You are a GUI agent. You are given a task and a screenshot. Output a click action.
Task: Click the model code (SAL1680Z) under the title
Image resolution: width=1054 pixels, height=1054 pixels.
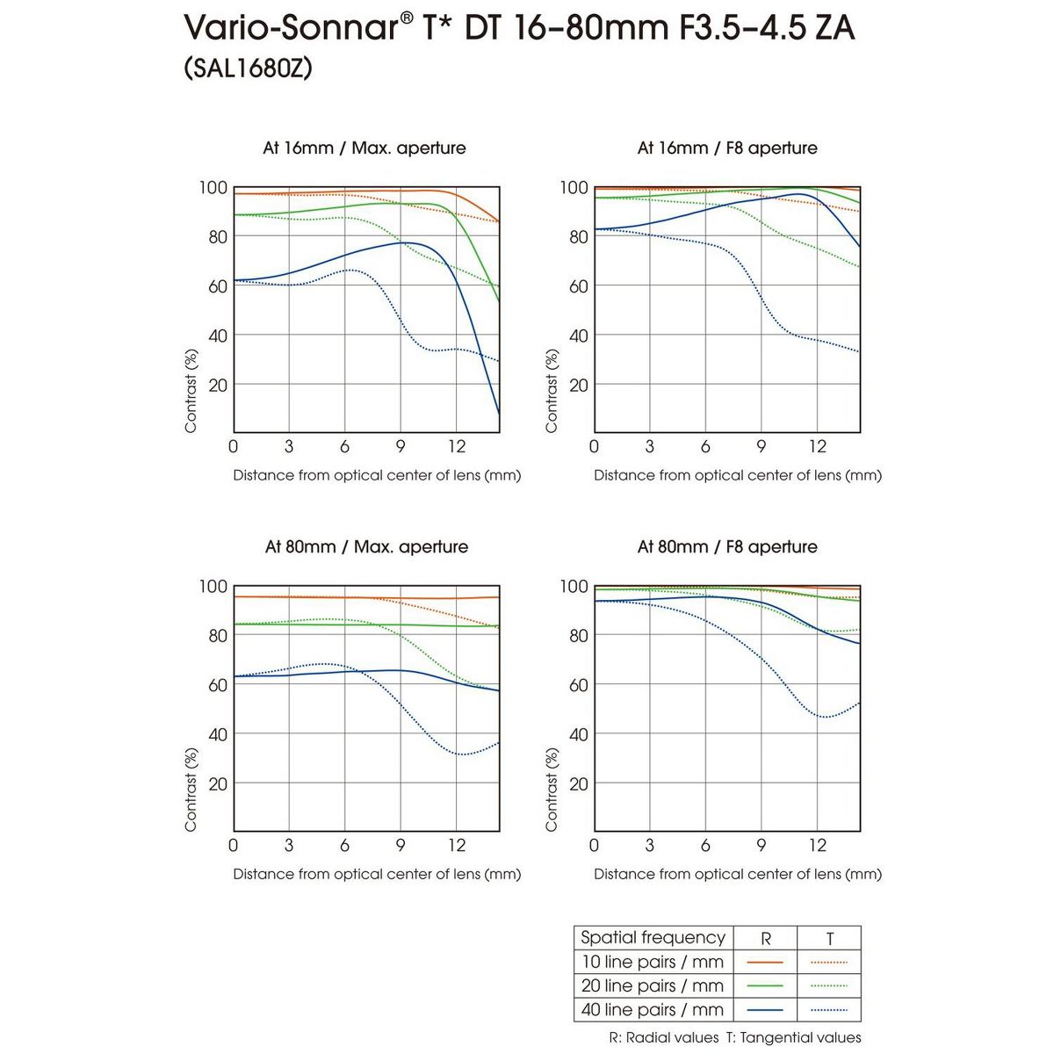tap(249, 69)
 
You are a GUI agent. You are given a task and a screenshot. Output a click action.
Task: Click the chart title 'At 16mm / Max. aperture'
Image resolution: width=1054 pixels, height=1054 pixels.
tap(365, 148)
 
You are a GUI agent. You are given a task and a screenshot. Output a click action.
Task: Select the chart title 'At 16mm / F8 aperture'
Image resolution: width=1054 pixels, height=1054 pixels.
tap(727, 148)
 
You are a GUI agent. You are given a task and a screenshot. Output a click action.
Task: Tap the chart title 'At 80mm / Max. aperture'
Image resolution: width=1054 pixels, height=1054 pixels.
tap(366, 546)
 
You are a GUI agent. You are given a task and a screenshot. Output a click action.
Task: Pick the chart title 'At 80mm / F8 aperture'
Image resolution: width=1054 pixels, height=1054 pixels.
tap(727, 546)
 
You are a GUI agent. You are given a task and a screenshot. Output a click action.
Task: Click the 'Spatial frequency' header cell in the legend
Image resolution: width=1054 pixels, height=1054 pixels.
tap(653, 937)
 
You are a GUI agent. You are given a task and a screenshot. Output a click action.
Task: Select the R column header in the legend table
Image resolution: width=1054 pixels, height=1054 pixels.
tap(765, 938)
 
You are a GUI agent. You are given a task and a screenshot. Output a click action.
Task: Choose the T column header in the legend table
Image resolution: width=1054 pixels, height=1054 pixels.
tap(830, 938)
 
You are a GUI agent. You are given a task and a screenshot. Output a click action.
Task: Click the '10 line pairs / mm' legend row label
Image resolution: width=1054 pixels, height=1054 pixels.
tap(653, 962)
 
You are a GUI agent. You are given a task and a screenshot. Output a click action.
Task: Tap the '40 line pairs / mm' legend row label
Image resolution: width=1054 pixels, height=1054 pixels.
tap(653, 1010)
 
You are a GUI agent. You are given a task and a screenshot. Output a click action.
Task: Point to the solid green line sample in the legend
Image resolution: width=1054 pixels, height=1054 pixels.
tap(764, 986)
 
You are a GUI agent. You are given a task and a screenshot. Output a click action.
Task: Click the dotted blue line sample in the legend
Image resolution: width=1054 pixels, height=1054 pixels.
tap(829, 1010)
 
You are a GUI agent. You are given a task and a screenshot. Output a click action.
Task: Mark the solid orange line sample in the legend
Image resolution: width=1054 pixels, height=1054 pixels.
tap(764, 962)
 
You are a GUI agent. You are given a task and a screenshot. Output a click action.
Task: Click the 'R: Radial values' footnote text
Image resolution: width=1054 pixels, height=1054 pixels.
tap(663, 1037)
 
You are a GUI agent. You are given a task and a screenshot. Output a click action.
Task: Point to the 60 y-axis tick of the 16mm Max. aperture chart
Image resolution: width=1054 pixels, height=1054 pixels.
tap(217, 285)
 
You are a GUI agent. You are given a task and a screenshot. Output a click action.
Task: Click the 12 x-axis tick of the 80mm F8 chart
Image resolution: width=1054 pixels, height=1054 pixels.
tap(818, 845)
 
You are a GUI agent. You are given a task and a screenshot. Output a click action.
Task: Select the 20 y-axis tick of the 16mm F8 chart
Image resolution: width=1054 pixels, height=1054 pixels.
tap(578, 385)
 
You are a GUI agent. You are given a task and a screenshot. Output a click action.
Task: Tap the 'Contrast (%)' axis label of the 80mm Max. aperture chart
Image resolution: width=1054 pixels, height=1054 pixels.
tap(191, 789)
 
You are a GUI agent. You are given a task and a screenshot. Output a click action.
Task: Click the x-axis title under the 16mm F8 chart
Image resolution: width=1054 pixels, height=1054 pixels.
tap(737, 475)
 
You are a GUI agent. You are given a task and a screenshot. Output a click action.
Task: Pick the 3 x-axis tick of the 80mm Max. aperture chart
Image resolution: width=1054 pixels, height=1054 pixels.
tap(289, 845)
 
